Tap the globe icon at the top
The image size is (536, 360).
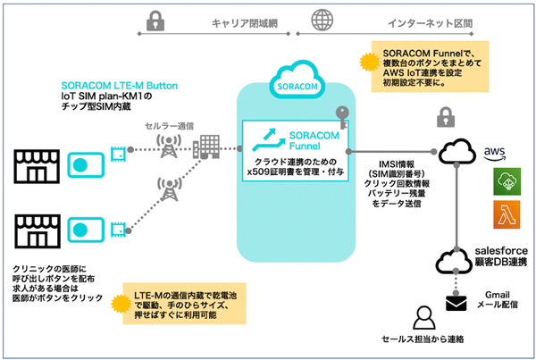pyautogui.click(x=318, y=19)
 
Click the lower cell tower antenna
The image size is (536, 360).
pyautogui.click(x=165, y=188)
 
